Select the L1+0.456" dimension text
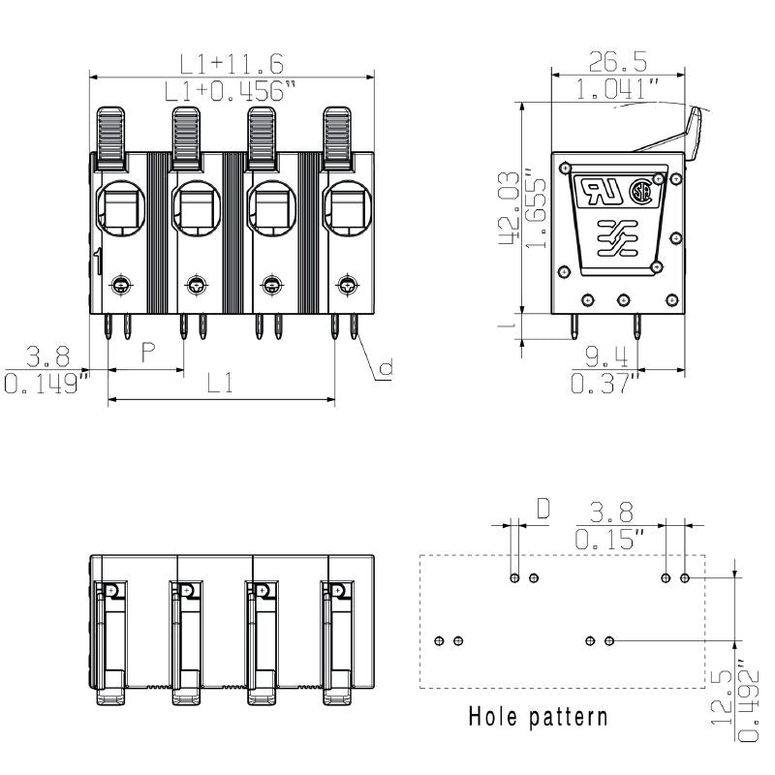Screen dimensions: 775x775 (x=231, y=92)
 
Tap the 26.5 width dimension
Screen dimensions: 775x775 (x=617, y=63)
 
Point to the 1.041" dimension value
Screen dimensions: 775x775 (x=617, y=91)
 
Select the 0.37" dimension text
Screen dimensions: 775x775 (x=605, y=385)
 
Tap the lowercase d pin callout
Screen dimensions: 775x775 (x=385, y=367)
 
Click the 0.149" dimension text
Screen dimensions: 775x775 (x=46, y=385)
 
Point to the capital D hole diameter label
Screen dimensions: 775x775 (x=542, y=508)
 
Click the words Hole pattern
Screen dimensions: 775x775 (x=539, y=717)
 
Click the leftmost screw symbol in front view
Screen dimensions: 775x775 (x=121, y=285)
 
